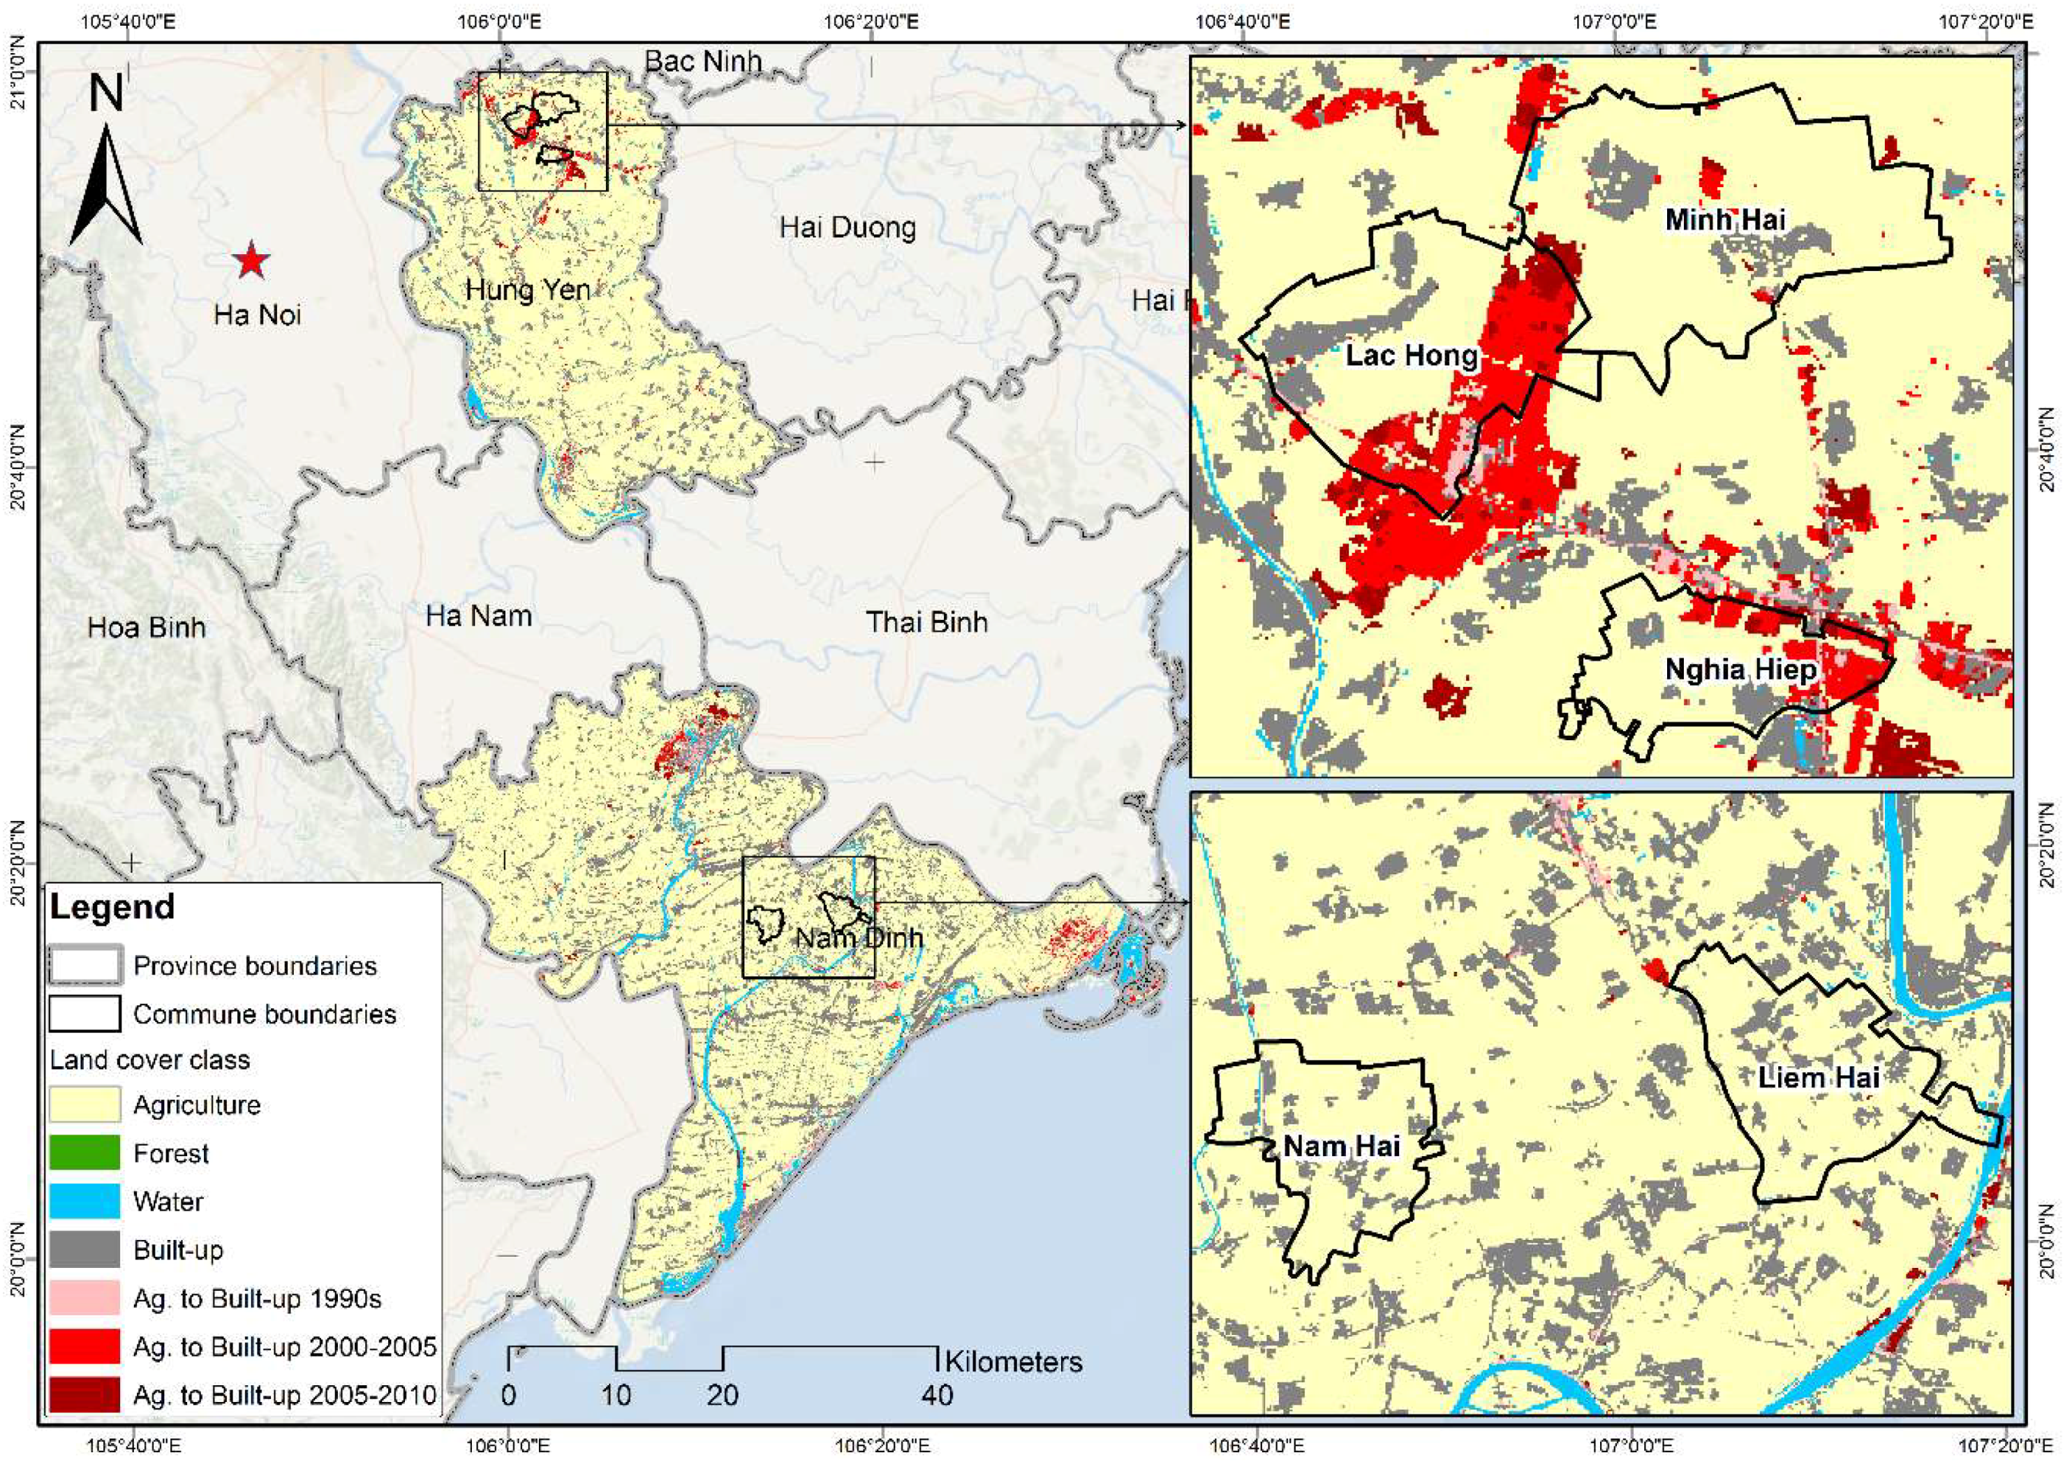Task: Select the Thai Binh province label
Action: [x=926, y=622]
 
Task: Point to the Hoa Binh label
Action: [x=147, y=628]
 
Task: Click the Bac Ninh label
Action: [x=703, y=61]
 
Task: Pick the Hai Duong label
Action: [x=848, y=227]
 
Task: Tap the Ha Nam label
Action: [x=478, y=617]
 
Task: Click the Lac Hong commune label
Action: [x=1411, y=355]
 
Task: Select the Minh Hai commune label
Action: [x=1725, y=220]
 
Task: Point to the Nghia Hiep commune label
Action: [x=1740, y=670]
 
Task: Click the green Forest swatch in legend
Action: [x=84, y=1153]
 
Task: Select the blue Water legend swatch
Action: [x=84, y=1202]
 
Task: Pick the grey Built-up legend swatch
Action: [x=84, y=1250]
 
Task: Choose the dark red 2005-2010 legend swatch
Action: [x=84, y=1395]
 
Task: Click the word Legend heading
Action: [x=112, y=907]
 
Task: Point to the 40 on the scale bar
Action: [x=937, y=1396]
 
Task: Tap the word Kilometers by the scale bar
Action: [x=1013, y=1362]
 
